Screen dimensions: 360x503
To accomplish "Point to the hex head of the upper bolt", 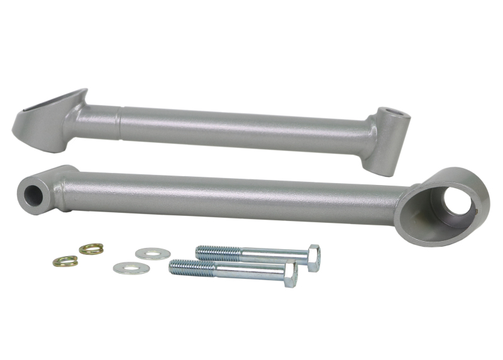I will point(312,257).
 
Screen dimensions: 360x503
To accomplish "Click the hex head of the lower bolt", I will point(290,274).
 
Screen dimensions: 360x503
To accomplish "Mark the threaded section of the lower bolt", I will point(192,267).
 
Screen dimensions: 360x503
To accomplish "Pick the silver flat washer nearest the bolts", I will point(153,253).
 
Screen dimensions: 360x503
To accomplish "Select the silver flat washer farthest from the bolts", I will point(131,268).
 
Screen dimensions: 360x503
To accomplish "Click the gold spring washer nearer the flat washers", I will point(91,249).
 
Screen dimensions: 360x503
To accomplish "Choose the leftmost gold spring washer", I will point(65,261).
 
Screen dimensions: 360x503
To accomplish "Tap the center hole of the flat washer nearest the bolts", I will point(153,253).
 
